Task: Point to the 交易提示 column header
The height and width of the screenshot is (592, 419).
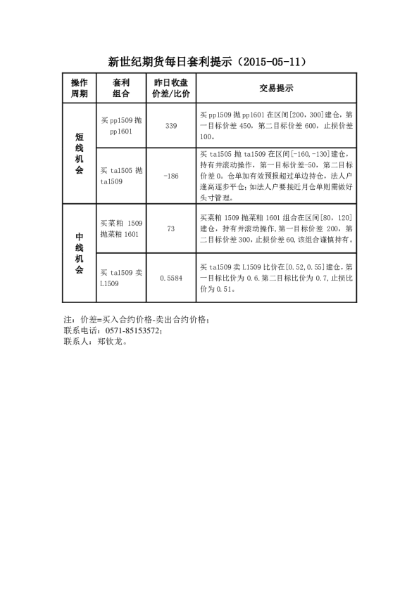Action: [x=276, y=88]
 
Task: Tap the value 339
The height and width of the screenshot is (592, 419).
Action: [x=170, y=125]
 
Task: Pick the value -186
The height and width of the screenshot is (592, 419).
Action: [x=170, y=176]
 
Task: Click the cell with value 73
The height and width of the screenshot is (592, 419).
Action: [x=170, y=229]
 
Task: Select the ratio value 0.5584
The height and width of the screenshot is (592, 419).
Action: [x=170, y=278]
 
